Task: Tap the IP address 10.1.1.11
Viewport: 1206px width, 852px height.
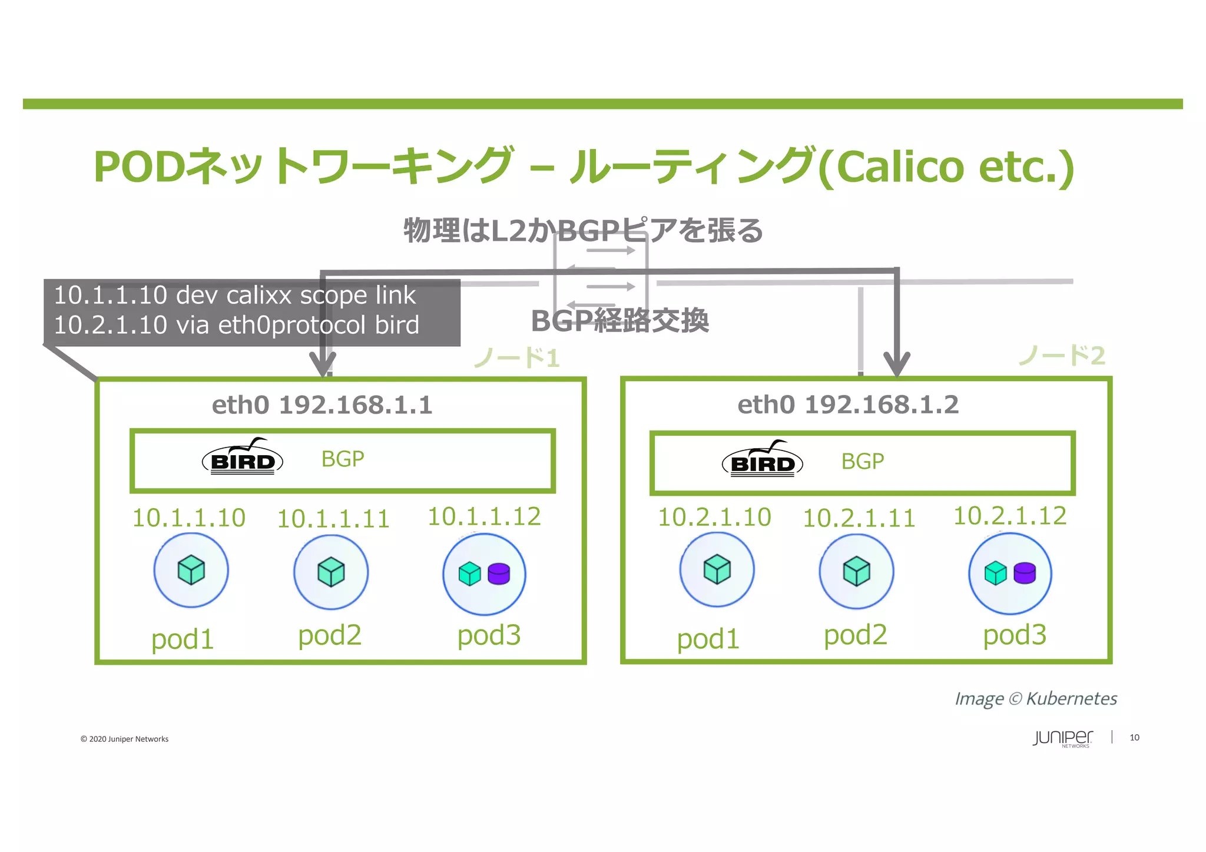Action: pyautogui.click(x=333, y=519)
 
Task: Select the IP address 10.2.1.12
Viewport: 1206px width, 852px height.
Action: pyautogui.click(x=1009, y=516)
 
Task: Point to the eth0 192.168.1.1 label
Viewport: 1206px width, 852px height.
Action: pyautogui.click(x=322, y=405)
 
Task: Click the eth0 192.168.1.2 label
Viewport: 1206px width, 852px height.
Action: pyautogui.click(x=848, y=405)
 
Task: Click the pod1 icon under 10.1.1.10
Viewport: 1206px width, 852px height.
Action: pyautogui.click(x=191, y=570)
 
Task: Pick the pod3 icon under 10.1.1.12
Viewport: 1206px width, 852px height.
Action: pyautogui.click(x=484, y=574)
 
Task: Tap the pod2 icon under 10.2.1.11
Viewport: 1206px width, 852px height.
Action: pyautogui.click(x=856, y=571)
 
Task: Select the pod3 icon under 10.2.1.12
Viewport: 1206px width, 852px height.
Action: pyautogui.click(x=1010, y=573)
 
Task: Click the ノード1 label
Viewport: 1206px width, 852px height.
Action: pyautogui.click(x=516, y=357)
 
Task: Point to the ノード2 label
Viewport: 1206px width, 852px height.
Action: pyautogui.click(x=1062, y=355)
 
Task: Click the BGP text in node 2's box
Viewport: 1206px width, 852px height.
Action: pyautogui.click(x=862, y=461)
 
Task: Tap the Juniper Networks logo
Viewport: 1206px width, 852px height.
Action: pyautogui.click(x=1062, y=738)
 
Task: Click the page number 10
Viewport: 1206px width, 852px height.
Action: pyautogui.click(x=1134, y=737)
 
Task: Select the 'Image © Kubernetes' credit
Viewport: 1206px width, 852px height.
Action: pyautogui.click(x=1035, y=699)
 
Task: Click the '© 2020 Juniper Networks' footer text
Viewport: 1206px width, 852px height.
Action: pyautogui.click(x=124, y=739)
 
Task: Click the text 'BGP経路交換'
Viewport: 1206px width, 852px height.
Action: pyautogui.click(x=619, y=321)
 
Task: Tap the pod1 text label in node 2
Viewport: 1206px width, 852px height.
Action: pyautogui.click(x=708, y=639)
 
